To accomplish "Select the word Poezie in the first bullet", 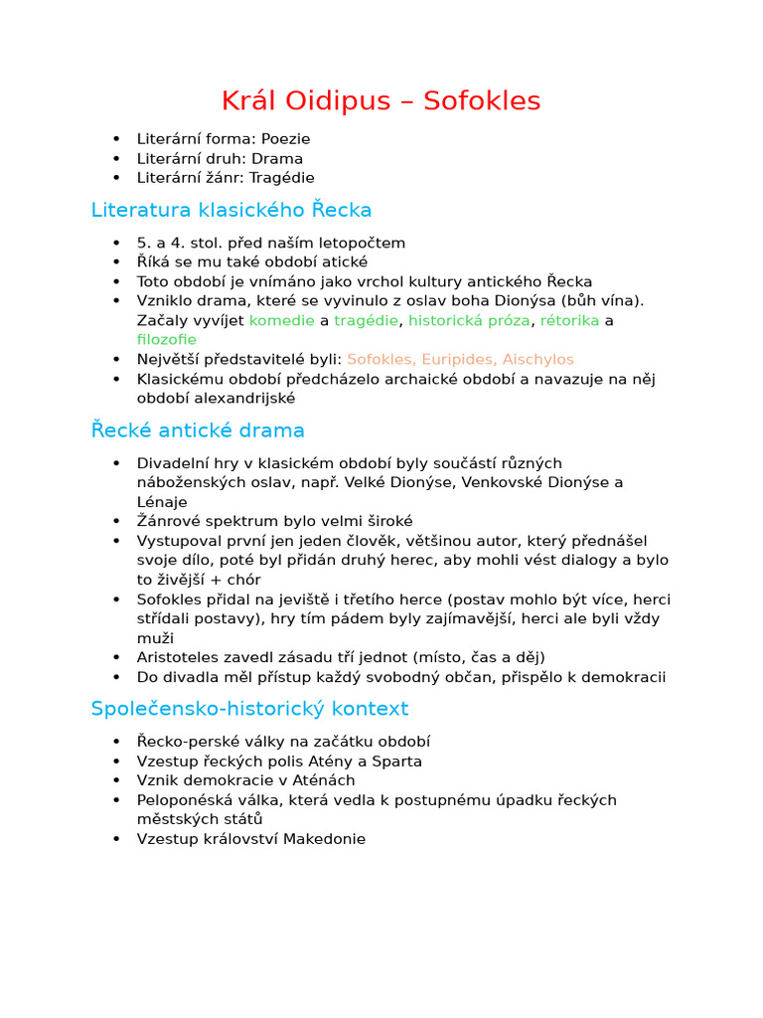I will (x=286, y=139).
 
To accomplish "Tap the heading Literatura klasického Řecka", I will (x=231, y=211).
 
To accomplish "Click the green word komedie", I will (x=281, y=320).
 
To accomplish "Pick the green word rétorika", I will (x=569, y=320).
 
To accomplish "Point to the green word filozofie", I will (x=167, y=339).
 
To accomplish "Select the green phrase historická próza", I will (x=470, y=320).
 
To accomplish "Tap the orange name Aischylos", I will (x=537, y=359).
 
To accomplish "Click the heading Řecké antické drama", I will (x=198, y=430).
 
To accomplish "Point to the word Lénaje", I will (x=162, y=502).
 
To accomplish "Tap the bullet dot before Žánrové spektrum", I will (x=116, y=522).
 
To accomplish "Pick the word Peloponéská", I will (x=185, y=800).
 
